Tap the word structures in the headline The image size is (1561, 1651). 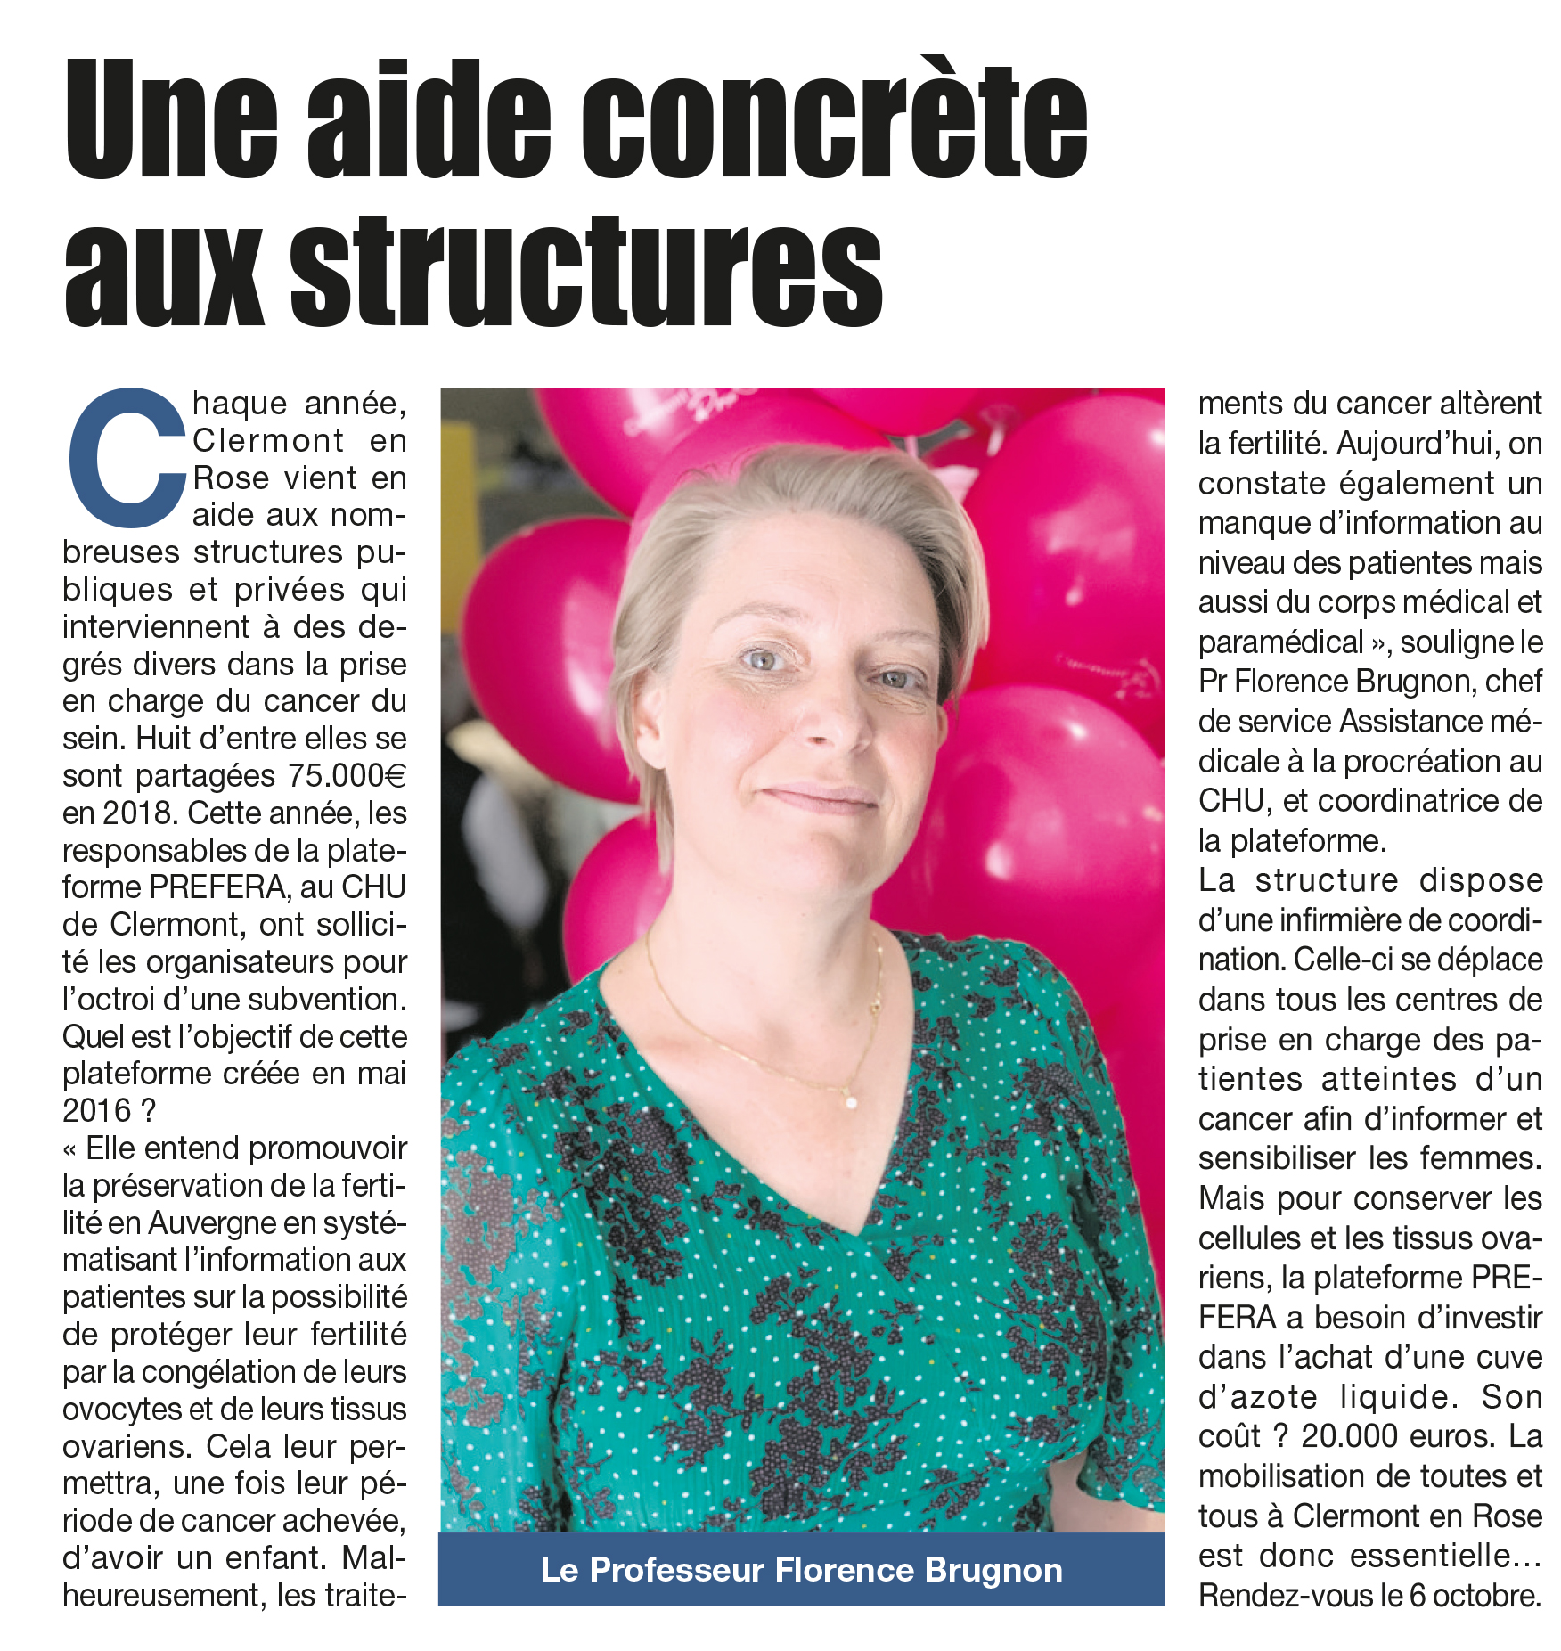[x=586, y=271]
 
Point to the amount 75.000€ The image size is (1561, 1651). [x=347, y=776]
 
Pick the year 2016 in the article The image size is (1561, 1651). [x=97, y=1111]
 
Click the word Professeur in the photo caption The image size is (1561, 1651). [x=677, y=1569]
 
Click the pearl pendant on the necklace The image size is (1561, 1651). [x=851, y=1103]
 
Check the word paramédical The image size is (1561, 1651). [x=1281, y=642]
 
